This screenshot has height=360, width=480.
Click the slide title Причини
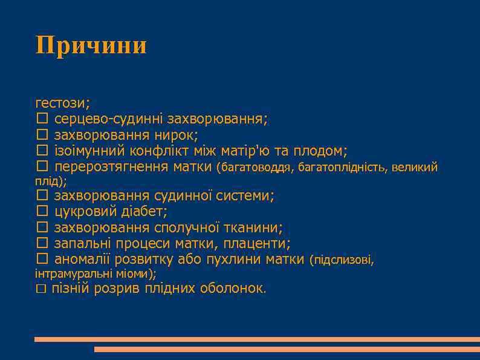(91, 45)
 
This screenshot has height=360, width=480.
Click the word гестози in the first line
(61, 102)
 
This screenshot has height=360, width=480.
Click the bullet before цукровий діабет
(41, 211)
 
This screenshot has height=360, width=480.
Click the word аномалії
(82, 260)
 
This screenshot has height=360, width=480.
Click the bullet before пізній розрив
(41, 289)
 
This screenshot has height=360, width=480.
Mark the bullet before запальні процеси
(41, 244)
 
